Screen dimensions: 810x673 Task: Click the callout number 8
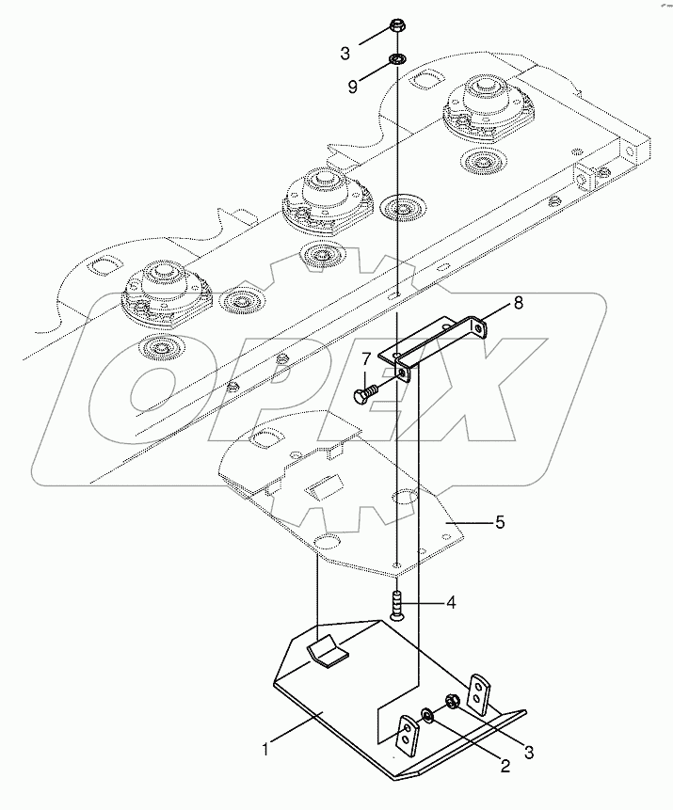(518, 303)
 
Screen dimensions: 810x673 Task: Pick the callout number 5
(499, 520)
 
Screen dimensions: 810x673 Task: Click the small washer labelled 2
(428, 717)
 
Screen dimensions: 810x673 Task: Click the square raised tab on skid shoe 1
(325, 649)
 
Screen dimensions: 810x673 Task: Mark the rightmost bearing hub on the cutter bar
(482, 106)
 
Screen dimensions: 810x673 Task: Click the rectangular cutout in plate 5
(323, 486)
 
